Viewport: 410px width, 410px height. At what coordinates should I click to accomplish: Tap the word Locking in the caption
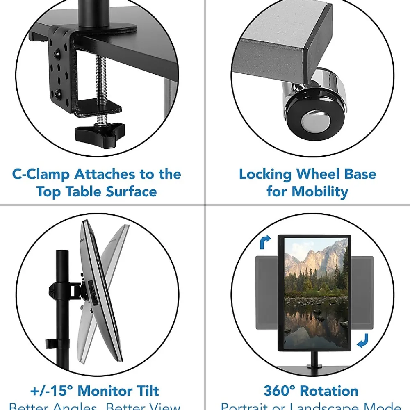tap(265, 174)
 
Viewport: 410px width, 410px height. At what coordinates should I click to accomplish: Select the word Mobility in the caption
tap(320, 191)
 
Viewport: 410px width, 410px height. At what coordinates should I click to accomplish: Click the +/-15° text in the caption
tap(52, 391)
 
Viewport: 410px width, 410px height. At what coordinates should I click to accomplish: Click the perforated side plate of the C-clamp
tap(61, 70)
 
